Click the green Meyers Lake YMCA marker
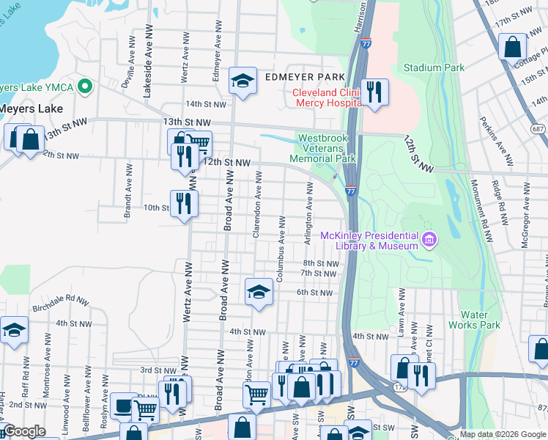[x=85, y=88]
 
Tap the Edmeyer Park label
[x=300, y=77]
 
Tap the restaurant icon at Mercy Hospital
[x=374, y=92]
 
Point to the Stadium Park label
[x=434, y=68]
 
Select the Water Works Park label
[x=480, y=320]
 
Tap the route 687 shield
[x=538, y=130]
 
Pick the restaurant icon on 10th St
[x=184, y=204]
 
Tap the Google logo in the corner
[x=25, y=432]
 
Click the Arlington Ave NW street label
[x=310, y=207]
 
